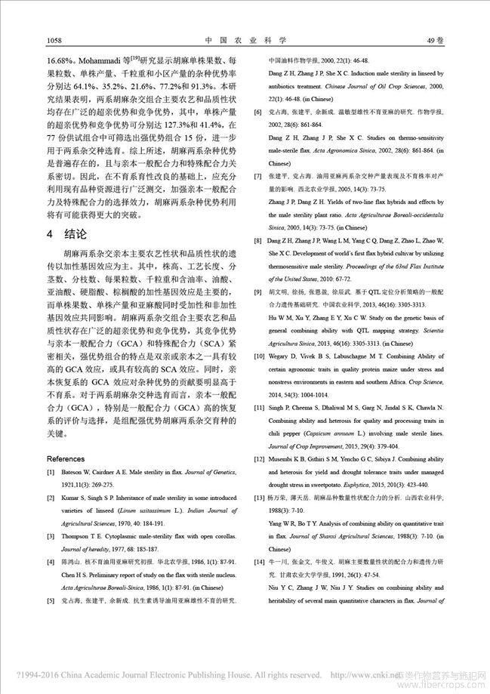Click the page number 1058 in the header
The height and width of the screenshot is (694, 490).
(x=54, y=40)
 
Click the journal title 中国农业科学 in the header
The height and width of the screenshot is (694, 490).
(x=245, y=40)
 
